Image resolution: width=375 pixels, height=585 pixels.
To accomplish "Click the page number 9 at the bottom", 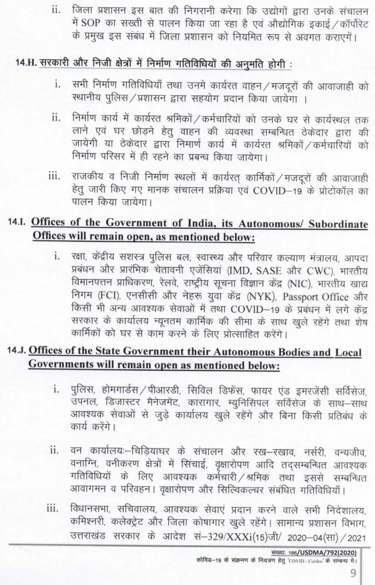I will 353,574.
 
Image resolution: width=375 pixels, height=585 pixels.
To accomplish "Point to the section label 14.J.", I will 17,350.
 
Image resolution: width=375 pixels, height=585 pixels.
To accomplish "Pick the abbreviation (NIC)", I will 299,284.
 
